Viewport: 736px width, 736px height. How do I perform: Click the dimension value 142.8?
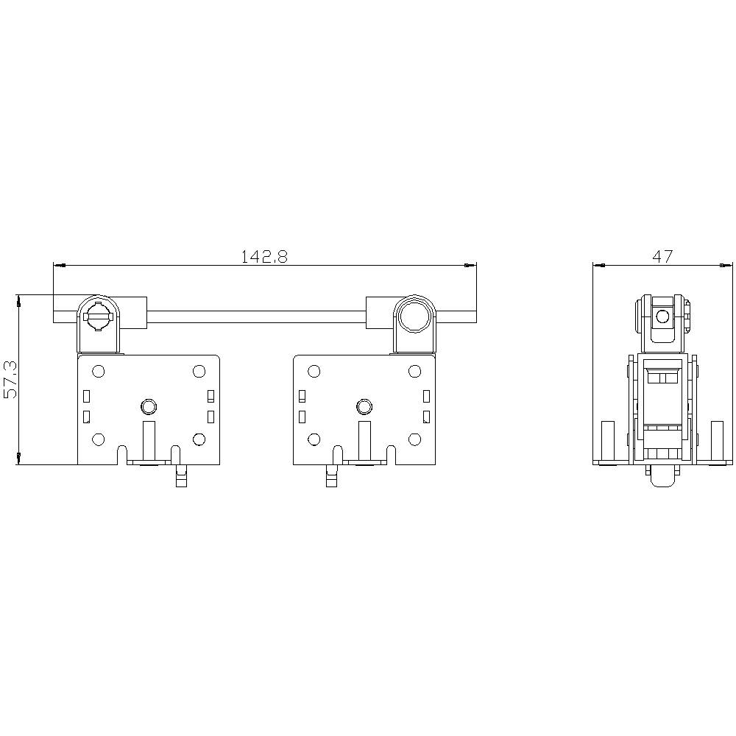tap(264, 256)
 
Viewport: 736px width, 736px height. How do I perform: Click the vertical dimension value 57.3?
tap(10, 380)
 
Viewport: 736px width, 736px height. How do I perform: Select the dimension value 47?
tap(662, 256)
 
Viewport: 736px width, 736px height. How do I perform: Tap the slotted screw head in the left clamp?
tap(99, 316)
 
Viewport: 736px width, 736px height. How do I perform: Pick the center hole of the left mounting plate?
tap(149, 406)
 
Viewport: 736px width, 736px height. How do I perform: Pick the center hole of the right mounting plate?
tap(363, 406)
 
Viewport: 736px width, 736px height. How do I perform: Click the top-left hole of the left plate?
tap(98, 371)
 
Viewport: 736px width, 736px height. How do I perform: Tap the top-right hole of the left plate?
tap(199, 371)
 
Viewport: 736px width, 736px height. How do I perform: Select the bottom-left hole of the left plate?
tap(98, 440)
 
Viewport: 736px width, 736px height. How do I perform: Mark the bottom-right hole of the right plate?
tap(414, 440)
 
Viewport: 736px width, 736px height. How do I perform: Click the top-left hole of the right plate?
tap(314, 371)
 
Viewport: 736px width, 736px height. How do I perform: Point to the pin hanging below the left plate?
tap(179, 476)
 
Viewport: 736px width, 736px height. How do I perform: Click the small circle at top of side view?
tap(662, 316)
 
